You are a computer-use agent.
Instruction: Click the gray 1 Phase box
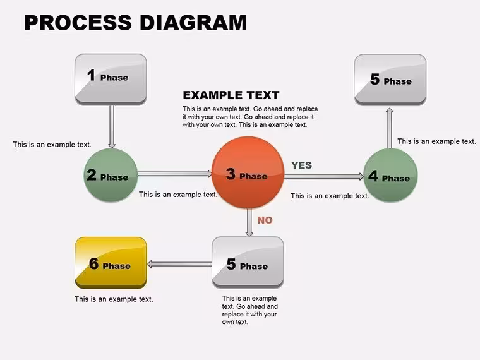[x=111, y=80]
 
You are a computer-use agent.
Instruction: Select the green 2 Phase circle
[x=111, y=175]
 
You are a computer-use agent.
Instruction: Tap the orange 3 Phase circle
[x=248, y=172]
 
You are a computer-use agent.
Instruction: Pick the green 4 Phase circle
[x=390, y=176]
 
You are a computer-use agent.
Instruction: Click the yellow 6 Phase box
[x=111, y=263]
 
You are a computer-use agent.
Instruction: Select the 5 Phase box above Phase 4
[x=390, y=80]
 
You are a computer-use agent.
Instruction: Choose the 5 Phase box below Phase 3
[x=248, y=262]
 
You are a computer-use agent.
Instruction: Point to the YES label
[x=301, y=165]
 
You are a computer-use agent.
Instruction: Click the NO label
[x=265, y=220]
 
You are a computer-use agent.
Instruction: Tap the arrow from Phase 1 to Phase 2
[x=112, y=127]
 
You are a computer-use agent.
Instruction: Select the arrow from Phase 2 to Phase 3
[x=175, y=174]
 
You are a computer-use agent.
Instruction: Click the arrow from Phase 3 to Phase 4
[x=324, y=176]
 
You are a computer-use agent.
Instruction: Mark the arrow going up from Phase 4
[x=390, y=128]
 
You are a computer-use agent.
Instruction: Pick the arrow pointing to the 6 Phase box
[x=180, y=264]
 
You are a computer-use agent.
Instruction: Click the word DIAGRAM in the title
[x=193, y=23]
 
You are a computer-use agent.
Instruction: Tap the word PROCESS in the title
[x=78, y=23]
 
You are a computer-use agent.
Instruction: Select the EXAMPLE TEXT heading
[x=231, y=95]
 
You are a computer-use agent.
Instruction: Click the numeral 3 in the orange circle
[x=231, y=174]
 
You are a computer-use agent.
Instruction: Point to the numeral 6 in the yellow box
[x=93, y=263]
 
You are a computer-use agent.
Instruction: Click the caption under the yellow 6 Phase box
[x=114, y=299]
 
